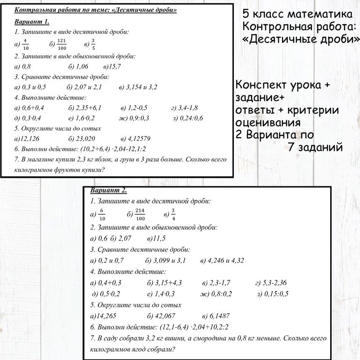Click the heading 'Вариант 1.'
tap(32, 21)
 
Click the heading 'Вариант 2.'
tap(108, 191)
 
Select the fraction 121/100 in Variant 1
tap(62, 44)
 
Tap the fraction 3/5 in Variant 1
tap(93, 44)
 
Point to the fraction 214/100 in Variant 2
tap(140, 214)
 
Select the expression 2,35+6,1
tap(89, 107)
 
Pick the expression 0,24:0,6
tap(191, 118)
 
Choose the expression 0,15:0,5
tap(276, 294)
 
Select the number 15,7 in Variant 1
tap(114, 66)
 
